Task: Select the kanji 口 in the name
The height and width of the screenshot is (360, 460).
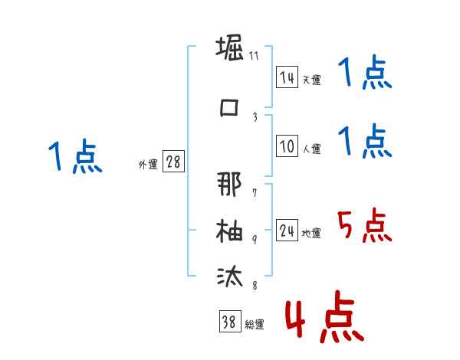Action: point(229,107)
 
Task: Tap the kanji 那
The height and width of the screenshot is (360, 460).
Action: point(229,185)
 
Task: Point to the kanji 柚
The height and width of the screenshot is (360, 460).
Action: point(229,230)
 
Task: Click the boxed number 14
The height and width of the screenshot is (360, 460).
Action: point(287,77)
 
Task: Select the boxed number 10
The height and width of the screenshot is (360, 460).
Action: point(287,147)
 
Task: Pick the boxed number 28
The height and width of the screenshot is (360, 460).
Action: point(173,162)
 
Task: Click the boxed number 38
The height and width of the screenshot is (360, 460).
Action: point(228,322)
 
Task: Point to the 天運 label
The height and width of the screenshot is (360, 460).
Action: point(311,80)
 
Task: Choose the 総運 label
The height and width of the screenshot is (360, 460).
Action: point(254,325)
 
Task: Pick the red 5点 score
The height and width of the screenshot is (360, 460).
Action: point(363,225)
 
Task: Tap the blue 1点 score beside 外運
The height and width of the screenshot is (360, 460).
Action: point(74,157)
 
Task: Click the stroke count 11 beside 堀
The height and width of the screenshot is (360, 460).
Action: point(254,56)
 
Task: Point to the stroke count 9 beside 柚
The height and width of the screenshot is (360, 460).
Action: point(255,238)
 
